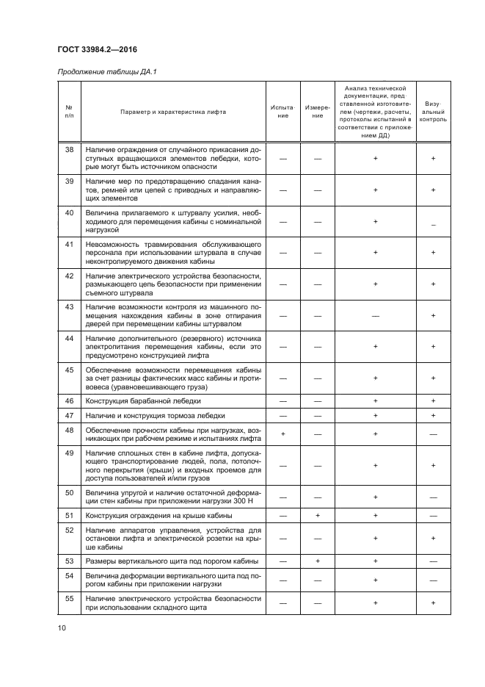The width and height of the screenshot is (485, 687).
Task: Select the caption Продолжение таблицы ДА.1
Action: coord(107,71)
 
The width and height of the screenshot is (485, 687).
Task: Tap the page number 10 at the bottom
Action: coord(61,627)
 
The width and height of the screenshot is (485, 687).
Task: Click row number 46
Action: coord(70,401)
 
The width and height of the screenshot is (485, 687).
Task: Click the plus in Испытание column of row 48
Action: coord(282,434)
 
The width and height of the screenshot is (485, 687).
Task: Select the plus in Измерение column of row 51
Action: coord(318,516)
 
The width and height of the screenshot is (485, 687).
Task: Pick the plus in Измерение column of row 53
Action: coord(318,561)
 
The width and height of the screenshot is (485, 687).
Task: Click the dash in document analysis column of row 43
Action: coord(375,315)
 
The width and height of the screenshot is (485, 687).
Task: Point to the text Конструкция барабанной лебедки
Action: coord(143,401)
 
